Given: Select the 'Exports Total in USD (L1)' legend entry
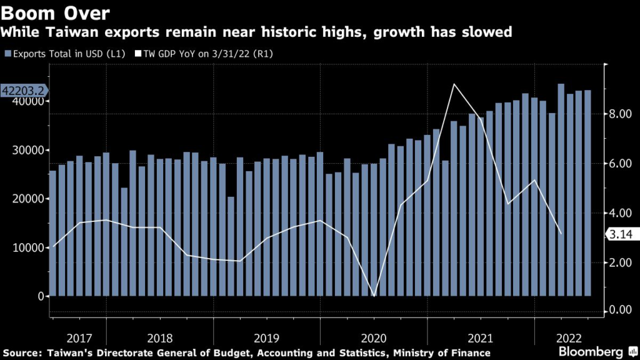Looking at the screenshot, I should (61, 54).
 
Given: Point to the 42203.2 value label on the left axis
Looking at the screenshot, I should (23, 91).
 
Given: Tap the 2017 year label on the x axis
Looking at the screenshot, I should (79, 338).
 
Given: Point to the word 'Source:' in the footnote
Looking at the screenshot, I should (22, 353).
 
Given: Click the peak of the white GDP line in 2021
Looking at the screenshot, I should (454, 84).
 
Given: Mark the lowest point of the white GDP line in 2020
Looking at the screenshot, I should (374, 296).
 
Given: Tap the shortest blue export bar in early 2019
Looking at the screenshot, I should (231, 246).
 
